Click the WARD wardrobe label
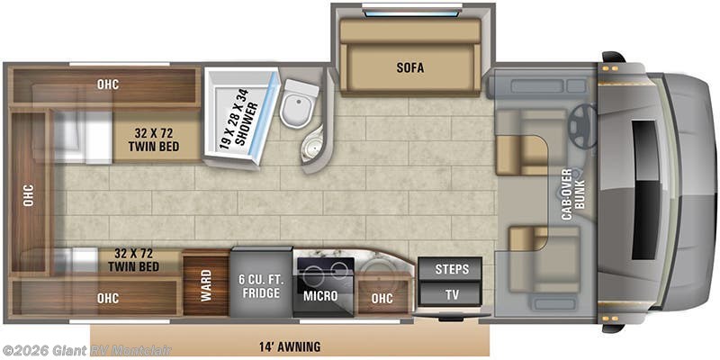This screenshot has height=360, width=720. [206, 285]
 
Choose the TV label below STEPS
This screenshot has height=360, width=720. [451, 294]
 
